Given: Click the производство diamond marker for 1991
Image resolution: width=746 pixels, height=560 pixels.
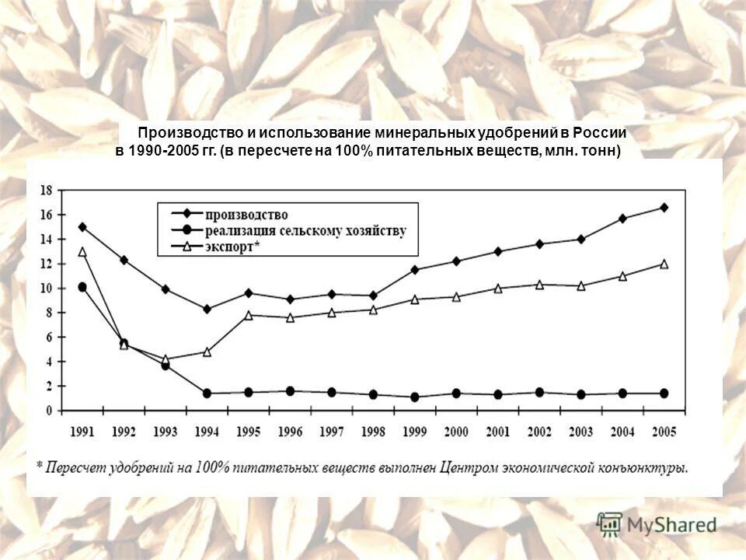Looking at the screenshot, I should click(82, 227).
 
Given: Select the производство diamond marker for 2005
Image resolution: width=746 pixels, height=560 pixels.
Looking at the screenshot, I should click(664, 208).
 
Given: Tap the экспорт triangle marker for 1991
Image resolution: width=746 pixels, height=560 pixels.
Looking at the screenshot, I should click(82, 252).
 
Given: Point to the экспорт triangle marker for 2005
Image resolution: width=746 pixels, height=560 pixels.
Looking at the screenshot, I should click(664, 264).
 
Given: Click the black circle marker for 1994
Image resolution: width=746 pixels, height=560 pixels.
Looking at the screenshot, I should click(207, 394).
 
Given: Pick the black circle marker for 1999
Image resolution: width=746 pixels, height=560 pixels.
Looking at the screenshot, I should click(414, 397).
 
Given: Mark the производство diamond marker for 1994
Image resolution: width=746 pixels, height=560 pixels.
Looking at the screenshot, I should click(207, 309).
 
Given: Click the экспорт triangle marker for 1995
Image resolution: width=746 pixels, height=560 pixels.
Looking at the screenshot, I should click(249, 315).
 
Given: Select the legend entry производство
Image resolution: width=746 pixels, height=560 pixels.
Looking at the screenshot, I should click(247, 215).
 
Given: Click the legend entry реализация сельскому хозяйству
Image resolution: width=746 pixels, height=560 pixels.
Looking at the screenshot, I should click(306, 231).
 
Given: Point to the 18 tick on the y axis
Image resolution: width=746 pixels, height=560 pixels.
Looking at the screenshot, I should click(46, 190).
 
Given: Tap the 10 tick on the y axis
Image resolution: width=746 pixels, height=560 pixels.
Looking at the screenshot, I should click(46, 289).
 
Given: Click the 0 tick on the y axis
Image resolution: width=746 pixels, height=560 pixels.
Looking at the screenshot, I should click(48, 411).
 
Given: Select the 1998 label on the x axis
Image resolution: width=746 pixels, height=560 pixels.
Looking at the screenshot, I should click(372, 432).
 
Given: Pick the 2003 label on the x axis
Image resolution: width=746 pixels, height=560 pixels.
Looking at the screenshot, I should click(580, 432).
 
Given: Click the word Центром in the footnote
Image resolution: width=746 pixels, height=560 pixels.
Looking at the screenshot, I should click(467, 467).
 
